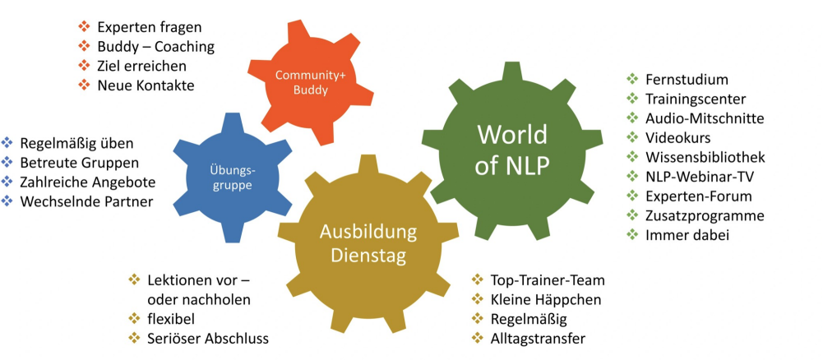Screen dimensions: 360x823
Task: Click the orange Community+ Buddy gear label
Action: click(310, 82)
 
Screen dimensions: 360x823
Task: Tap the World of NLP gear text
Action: click(512, 150)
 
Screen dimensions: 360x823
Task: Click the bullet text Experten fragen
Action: click(150, 28)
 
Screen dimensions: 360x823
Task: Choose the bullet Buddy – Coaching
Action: click(155, 47)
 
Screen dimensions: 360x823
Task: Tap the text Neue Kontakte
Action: click(146, 85)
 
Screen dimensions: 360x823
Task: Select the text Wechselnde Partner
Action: click(86, 201)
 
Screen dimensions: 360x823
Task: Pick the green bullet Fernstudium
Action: click(687, 80)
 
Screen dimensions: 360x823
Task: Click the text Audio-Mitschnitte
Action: click(705, 118)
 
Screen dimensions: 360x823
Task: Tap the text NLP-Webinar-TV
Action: click(699, 177)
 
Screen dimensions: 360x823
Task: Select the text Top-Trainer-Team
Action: click(547, 280)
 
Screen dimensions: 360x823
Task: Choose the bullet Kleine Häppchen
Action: click(545, 299)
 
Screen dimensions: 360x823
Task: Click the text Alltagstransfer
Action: click(538, 338)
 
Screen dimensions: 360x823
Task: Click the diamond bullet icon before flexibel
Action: click(135, 318)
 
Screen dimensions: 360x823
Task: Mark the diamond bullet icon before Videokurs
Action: click(631, 137)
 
